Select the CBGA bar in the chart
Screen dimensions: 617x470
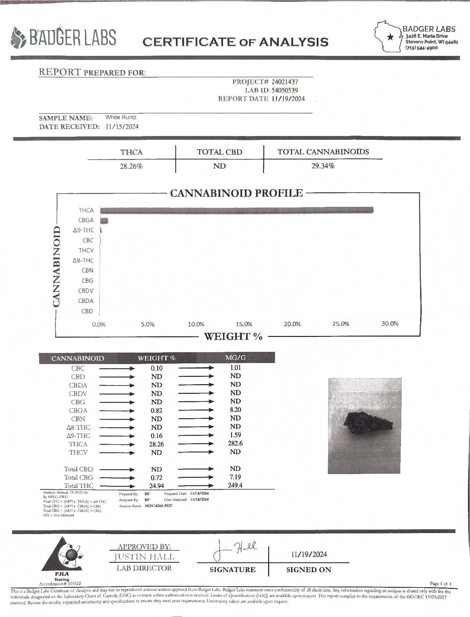pyautogui.click(x=104, y=220)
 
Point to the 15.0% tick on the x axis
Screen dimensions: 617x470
pyautogui.click(x=244, y=324)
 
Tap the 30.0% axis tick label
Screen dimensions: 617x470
pyautogui.click(x=390, y=324)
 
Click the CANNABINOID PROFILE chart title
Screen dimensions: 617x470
pyautogui.click(x=236, y=193)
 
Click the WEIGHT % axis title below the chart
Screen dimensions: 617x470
pyautogui.click(x=233, y=336)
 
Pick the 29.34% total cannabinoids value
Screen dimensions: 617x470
pyautogui.click(x=323, y=166)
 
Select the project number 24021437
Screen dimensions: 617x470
pyautogui.click(x=284, y=82)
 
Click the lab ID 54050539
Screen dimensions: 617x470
pyautogui.click(x=284, y=90)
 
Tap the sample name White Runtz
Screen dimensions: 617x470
pyautogui.click(x=121, y=117)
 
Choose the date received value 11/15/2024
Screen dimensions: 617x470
pyautogui.click(x=122, y=127)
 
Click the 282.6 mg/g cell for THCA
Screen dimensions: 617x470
pyautogui.click(x=235, y=443)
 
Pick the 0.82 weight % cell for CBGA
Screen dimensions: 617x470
pyautogui.click(x=157, y=411)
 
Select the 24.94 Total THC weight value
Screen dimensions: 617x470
pyautogui.click(x=157, y=486)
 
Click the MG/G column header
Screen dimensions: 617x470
pyautogui.click(x=236, y=357)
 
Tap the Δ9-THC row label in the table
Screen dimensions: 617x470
pyautogui.click(x=79, y=436)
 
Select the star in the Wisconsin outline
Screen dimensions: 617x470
pyautogui.click(x=391, y=36)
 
